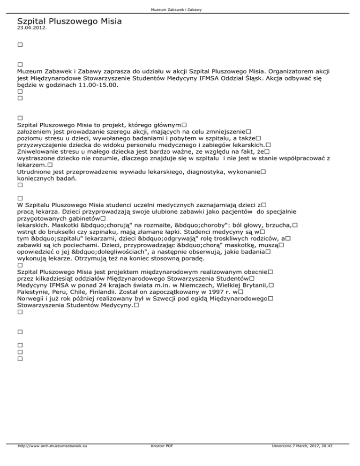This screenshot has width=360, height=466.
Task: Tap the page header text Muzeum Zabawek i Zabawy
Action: (x=180, y=9)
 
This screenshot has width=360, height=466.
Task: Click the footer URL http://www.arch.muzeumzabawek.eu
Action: (x=52, y=459)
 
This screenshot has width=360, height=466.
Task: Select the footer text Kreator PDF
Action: (x=160, y=459)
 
